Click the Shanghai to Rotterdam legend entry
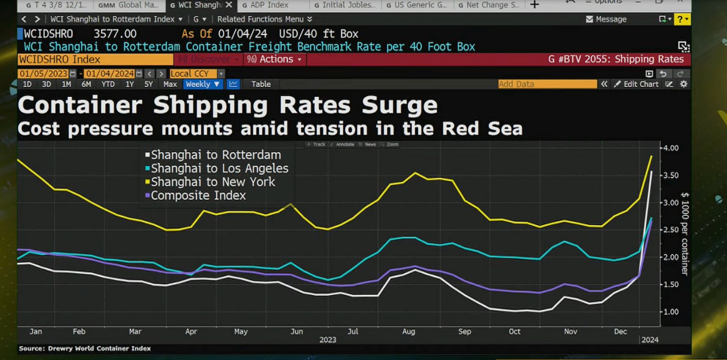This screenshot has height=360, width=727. point(215,154)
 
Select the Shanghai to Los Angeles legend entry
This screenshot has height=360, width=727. point(219,168)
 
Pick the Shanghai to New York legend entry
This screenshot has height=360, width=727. point(212,182)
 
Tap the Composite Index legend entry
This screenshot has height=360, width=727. point(198,195)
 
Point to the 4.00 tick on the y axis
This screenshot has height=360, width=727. point(671,148)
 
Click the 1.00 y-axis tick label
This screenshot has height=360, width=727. point(671,312)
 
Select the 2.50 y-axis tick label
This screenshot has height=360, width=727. point(671,230)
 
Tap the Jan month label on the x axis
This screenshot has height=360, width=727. point(35,332)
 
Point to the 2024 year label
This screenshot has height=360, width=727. point(650,340)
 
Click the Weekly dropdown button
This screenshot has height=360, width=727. point(202,84)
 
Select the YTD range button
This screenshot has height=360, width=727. point(108,84)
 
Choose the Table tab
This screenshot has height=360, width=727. point(261,84)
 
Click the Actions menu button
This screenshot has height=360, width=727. point(276,59)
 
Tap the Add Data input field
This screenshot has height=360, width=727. point(547,84)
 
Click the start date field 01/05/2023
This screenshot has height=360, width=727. point(43,74)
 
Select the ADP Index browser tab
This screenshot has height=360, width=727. point(269,5)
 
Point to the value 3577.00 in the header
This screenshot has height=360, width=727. point(115,34)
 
